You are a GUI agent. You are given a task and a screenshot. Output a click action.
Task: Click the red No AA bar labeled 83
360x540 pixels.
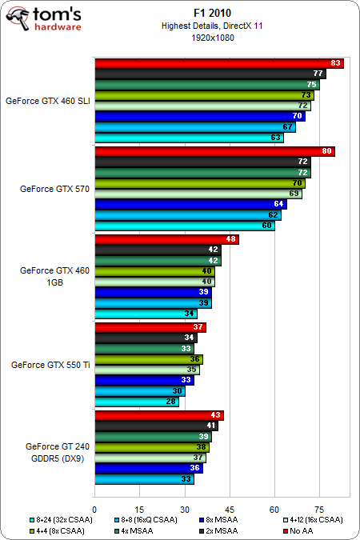click(219, 63)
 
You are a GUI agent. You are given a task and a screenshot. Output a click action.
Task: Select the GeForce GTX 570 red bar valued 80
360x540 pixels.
click(214, 151)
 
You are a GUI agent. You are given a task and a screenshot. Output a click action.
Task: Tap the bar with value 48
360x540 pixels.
click(166, 239)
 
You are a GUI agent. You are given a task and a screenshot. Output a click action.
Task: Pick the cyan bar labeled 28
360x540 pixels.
click(136, 402)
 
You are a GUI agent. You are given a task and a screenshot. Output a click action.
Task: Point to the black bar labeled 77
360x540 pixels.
click(210, 74)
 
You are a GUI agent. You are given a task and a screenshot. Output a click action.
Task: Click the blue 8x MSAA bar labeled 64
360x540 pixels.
click(190, 204)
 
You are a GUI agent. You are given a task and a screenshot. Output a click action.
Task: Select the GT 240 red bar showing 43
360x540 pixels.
click(158, 415)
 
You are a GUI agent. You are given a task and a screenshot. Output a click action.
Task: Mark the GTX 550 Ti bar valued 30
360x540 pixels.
click(139, 391)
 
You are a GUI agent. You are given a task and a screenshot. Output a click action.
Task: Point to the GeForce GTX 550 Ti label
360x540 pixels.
click(50, 365)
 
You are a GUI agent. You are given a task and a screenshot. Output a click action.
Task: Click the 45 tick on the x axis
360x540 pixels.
click(230, 508)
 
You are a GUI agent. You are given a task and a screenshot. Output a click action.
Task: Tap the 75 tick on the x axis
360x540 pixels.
click(319, 508)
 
